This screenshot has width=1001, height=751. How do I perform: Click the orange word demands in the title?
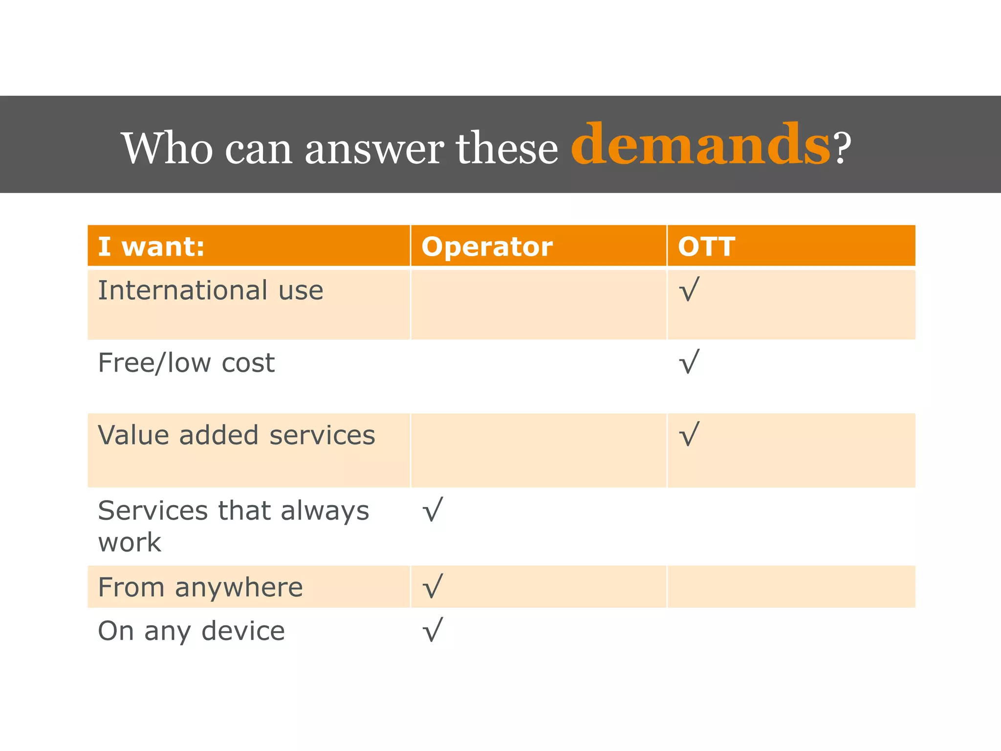click(x=700, y=145)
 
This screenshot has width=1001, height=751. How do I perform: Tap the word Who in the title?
click(x=167, y=148)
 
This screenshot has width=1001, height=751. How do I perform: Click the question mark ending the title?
click(x=842, y=148)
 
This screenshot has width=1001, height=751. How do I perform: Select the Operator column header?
click(x=487, y=246)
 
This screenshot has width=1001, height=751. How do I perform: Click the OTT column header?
click(x=706, y=246)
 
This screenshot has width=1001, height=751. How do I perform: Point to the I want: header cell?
click(x=151, y=246)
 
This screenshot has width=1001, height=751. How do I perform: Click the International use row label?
click(x=211, y=290)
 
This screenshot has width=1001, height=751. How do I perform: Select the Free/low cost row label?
click(x=186, y=363)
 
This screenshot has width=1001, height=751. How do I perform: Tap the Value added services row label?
click(x=237, y=435)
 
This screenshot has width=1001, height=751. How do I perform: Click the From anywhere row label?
click(x=200, y=587)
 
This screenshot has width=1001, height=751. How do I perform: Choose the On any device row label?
click(x=191, y=631)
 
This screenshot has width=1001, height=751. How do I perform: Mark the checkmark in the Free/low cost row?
click(x=689, y=362)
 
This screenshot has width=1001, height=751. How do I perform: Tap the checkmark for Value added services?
click(x=689, y=434)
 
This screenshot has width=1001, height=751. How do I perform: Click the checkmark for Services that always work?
click(x=433, y=509)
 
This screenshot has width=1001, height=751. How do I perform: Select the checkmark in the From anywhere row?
click(x=433, y=586)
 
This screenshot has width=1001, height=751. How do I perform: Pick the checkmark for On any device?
click(x=433, y=630)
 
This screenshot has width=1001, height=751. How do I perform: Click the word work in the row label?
click(x=130, y=543)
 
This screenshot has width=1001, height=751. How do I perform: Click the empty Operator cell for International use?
click(x=538, y=305)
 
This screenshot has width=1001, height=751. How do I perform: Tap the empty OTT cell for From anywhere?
click(x=791, y=587)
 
